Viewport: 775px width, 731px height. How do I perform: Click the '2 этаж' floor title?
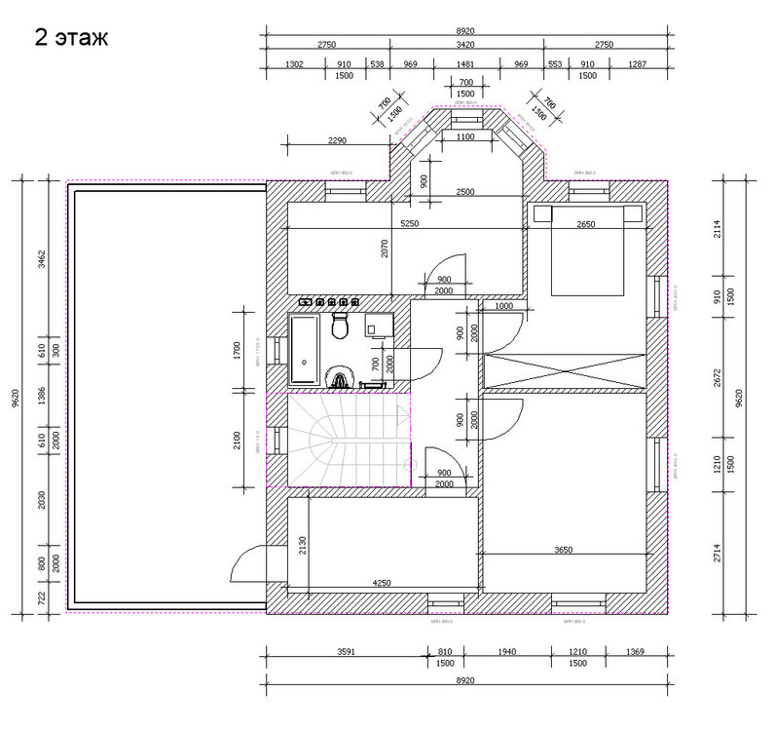(x=71, y=38)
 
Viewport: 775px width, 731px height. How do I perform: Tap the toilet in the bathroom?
(x=340, y=326)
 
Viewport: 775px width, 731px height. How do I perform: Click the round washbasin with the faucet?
(x=340, y=378)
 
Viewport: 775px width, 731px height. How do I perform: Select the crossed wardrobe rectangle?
(x=565, y=372)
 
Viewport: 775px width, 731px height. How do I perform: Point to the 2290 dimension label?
(x=337, y=140)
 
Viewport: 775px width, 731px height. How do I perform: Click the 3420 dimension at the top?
(x=466, y=45)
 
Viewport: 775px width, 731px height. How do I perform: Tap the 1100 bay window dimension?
(x=464, y=137)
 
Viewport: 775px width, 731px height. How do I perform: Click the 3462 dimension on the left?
(x=40, y=259)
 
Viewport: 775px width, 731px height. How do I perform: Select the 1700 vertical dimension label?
(x=237, y=349)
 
